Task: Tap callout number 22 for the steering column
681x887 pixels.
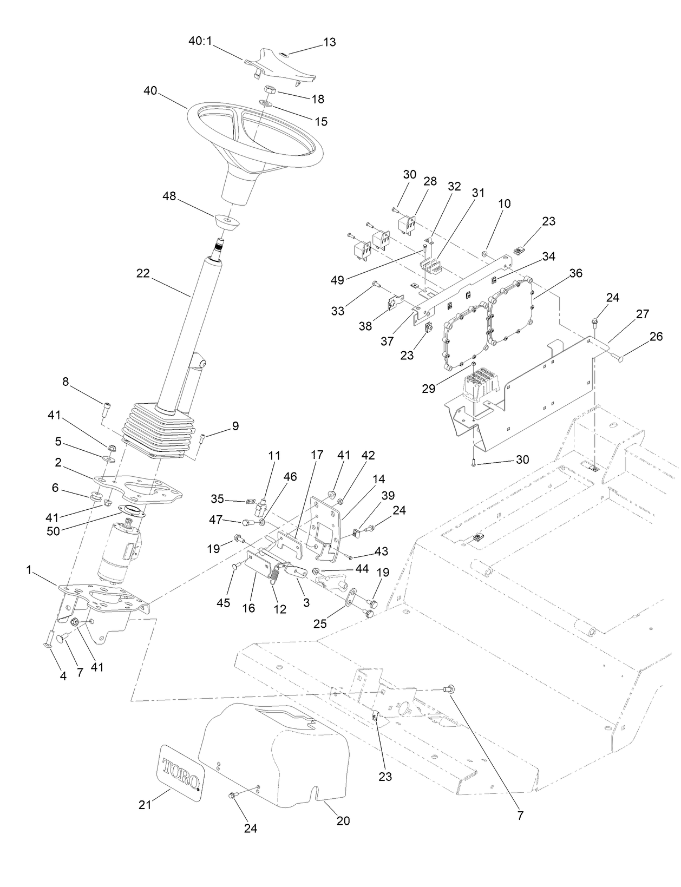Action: point(143,274)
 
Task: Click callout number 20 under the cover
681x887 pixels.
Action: point(343,821)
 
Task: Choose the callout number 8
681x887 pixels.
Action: point(66,382)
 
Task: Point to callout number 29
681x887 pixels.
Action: point(428,389)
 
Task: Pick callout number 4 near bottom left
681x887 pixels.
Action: point(63,676)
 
